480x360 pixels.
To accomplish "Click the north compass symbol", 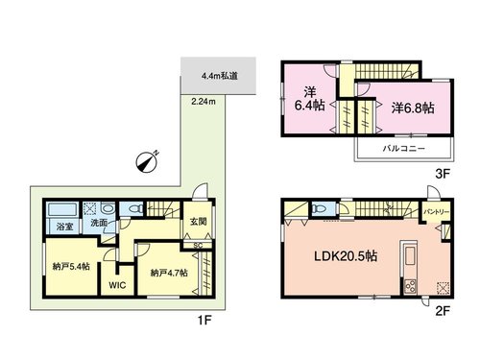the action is [x=147, y=161].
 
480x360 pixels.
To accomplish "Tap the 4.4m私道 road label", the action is [x=220, y=76].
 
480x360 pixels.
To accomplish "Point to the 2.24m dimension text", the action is [x=204, y=102].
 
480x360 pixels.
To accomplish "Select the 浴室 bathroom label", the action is [x=64, y=227].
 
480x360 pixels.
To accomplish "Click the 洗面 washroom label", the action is [x=99, y=223].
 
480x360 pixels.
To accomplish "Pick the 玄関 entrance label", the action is [x=198, y=221].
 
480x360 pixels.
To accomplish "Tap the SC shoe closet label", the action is [x=198, y=246].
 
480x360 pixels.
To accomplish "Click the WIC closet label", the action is [x=117, y=285].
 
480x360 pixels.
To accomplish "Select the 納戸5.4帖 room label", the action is [x=71, y=266].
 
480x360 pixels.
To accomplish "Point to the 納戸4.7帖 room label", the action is [x=169, y=273].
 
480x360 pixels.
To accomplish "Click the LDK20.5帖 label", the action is [x=346, y=256].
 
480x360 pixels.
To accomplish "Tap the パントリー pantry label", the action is [x=437, y=212].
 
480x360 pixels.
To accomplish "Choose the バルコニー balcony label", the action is [x=404, y=149].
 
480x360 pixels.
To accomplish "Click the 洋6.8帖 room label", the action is [x=413, y=108].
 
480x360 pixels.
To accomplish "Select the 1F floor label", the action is [x=204, y=320].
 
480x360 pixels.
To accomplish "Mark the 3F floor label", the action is [x=443, y=174].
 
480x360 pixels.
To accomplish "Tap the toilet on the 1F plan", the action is [x=136, y=209].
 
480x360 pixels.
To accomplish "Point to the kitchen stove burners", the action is [x=410, y=286].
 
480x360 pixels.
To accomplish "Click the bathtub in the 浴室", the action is [x=62, y=209].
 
